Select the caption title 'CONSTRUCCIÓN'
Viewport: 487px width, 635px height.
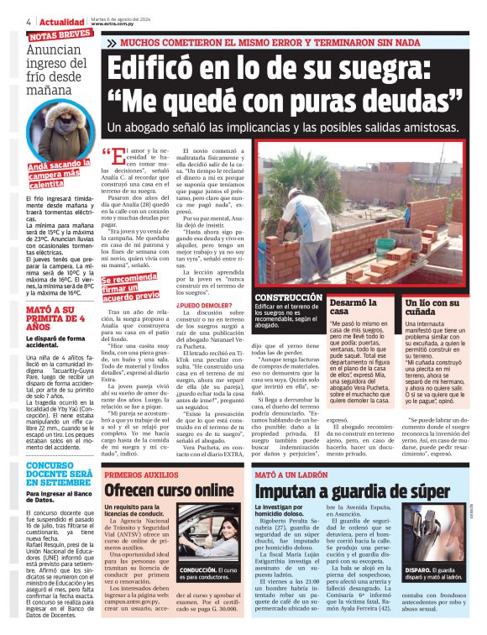[x=288, y=297]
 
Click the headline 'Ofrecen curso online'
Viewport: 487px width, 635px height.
[x=169, y=491]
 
